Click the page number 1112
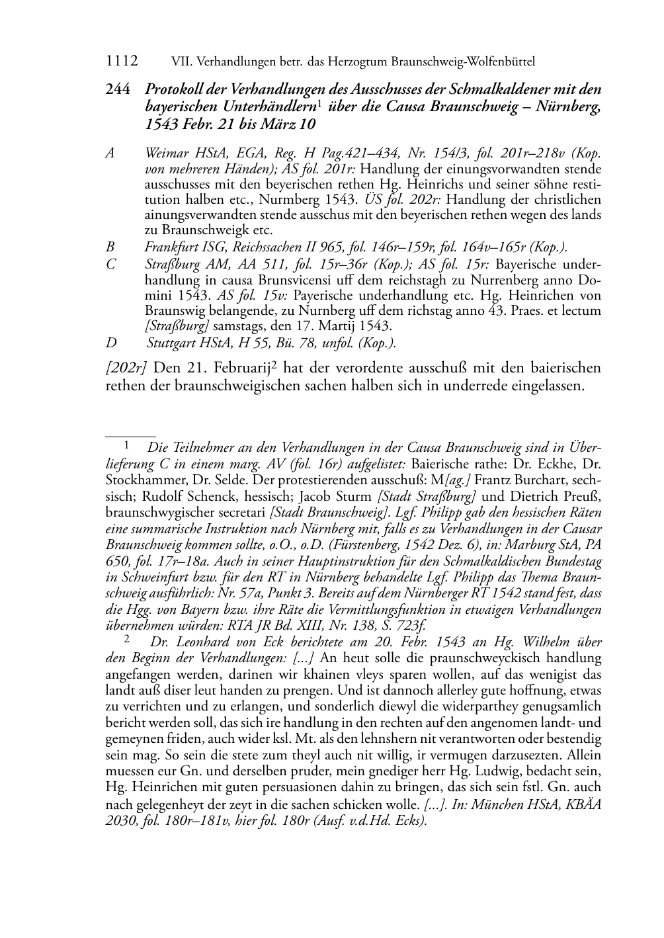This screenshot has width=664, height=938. point(122,62)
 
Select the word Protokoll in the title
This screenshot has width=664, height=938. point(173,91)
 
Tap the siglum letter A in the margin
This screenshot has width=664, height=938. point(110,153)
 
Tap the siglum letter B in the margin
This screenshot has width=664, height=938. point(110,247)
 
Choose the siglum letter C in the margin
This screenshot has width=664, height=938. point(110,263)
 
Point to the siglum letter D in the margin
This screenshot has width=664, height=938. point(110,343)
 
